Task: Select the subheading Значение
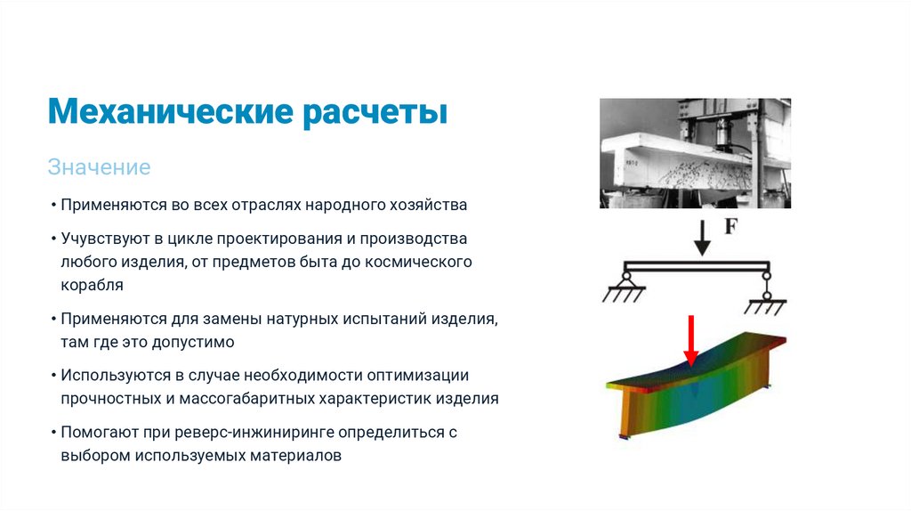(99, 166)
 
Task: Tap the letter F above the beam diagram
(730, 227)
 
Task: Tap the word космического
(419, 263)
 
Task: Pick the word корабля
(92, 286)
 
